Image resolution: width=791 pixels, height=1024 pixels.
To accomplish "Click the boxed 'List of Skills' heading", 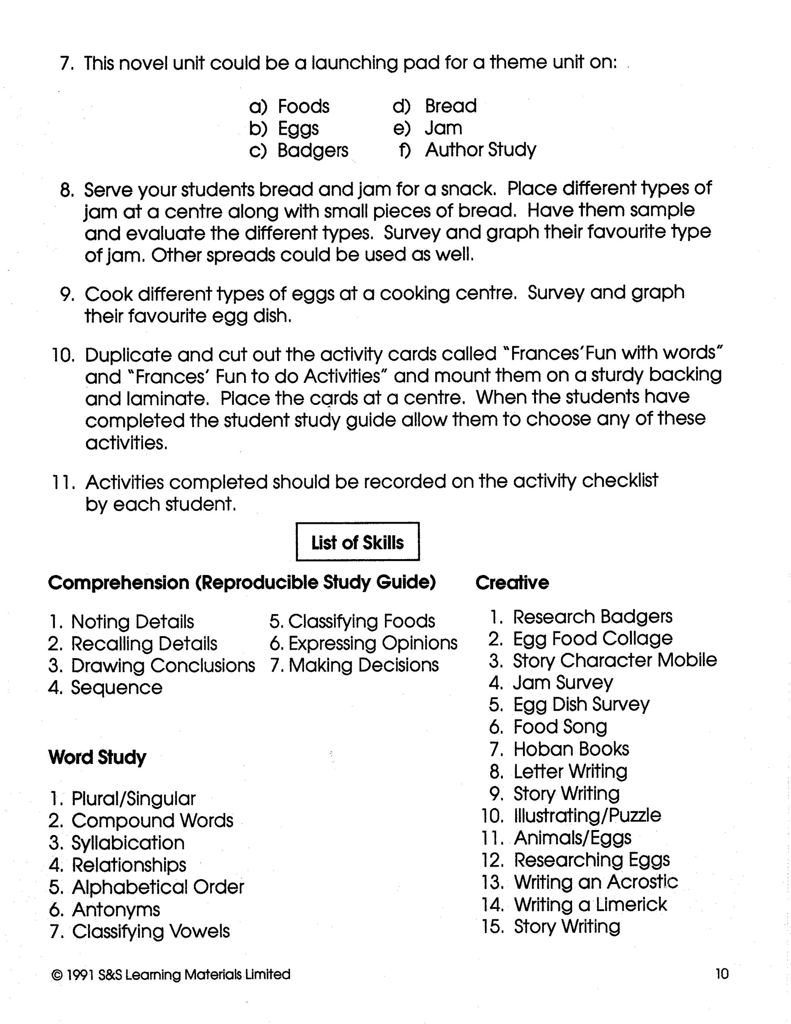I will tap(358, 543).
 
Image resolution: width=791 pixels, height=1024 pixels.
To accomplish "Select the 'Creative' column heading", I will tap(512, 583).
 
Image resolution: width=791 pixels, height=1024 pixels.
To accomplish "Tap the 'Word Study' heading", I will tap(97, 757).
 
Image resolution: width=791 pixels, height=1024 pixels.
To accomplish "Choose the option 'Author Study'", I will tap(480, 150).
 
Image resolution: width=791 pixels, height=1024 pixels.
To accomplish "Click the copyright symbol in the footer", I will tap(56, 975).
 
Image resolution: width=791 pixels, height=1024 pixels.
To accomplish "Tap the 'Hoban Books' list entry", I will tap(571, 749).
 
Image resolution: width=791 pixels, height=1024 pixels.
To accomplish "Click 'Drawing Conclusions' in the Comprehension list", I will tap(163, 666).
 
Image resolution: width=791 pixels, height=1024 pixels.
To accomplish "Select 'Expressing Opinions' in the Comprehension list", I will tap(373, 643).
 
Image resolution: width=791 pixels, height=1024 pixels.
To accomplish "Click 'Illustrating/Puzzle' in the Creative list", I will tap(587, 816).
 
